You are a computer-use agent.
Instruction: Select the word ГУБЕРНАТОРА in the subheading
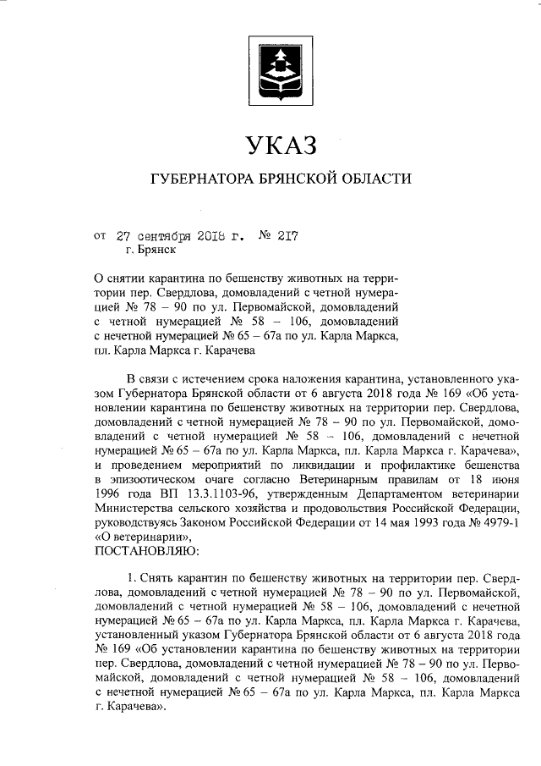200,179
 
